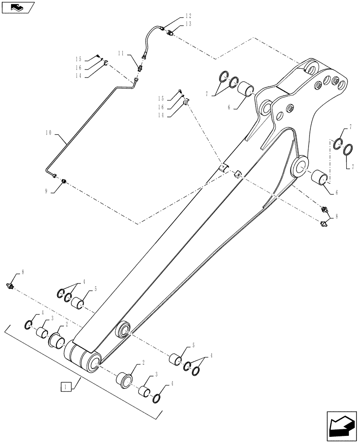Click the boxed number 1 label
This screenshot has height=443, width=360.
point(65,387)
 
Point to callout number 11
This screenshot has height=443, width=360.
point(121,53)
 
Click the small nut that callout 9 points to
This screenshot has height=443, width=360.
point(64,181)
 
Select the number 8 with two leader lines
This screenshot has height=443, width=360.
point(337,217)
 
